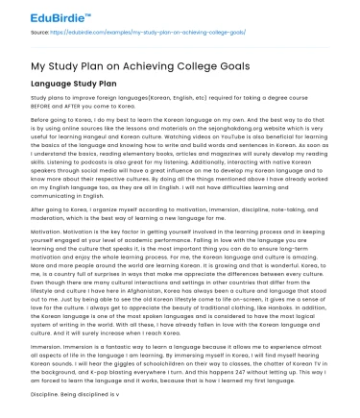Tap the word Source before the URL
pyautogui.click(x=42, y=33)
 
